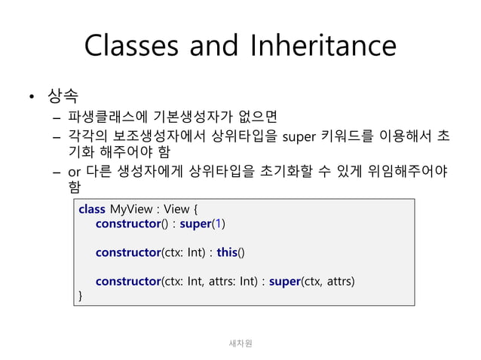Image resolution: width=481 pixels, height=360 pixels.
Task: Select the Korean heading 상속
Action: click(63, 96)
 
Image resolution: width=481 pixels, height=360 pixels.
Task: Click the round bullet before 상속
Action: click(32, 97)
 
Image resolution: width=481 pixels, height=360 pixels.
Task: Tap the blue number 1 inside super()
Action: click(218, 224)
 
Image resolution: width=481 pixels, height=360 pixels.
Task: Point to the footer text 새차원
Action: click(240, 343)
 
